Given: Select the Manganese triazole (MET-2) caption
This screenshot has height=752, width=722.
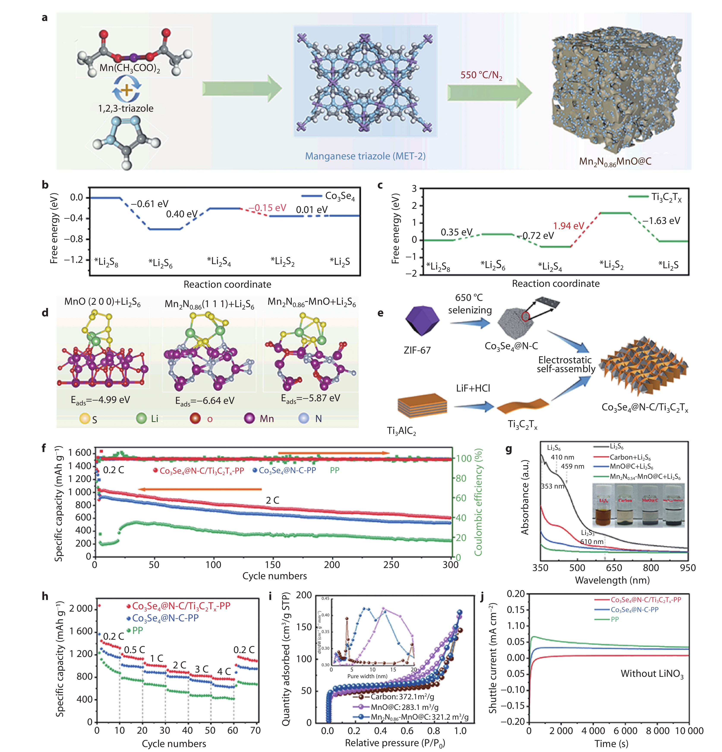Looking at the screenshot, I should [365, 156].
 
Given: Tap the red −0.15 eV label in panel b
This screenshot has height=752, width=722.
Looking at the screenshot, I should [268, 208].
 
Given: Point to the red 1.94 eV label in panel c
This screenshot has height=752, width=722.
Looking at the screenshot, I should [568, 226].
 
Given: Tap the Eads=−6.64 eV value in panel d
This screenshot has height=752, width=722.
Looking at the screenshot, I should [204, 401].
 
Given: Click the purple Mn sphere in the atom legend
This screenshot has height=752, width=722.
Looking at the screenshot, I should [250, 418].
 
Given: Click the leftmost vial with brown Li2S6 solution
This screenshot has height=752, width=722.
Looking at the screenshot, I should [604, 506].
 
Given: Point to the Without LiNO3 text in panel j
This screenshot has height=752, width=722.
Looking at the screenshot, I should [652, 674].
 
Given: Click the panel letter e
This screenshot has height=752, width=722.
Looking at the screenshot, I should [380, 313].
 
